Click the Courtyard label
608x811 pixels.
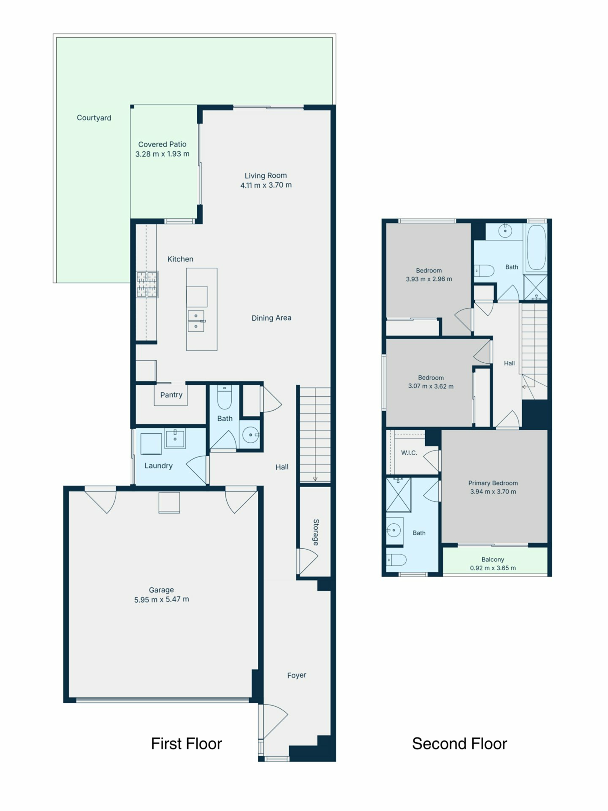click(x=94, y=118)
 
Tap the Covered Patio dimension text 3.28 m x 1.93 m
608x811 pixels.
click(x=162, y=154)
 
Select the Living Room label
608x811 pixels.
click(x=266, y=176)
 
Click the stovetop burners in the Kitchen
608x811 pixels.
click(x=147, y=284)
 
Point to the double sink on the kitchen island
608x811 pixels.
click(x=196, y=321)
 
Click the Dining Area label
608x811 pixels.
click(x=271, y=318)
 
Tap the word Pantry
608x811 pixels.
click(x=171, y=395)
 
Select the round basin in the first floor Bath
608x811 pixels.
click(x=251, y=435)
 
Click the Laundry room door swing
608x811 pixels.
click(x=197, y=470)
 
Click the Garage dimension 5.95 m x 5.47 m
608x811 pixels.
click(x=161, y=599)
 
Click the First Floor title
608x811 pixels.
click(x=187, y=744)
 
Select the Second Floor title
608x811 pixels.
click(x=459, y=744)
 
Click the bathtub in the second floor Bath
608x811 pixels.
click(x=536, y=247)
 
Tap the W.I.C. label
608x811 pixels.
click(x=409, y=453)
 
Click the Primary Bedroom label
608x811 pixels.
click(x=493, y=483)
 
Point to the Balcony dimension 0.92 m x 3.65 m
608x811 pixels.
click(x=493, y=568)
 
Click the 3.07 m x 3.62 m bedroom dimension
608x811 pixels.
click(x=431, y=386)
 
